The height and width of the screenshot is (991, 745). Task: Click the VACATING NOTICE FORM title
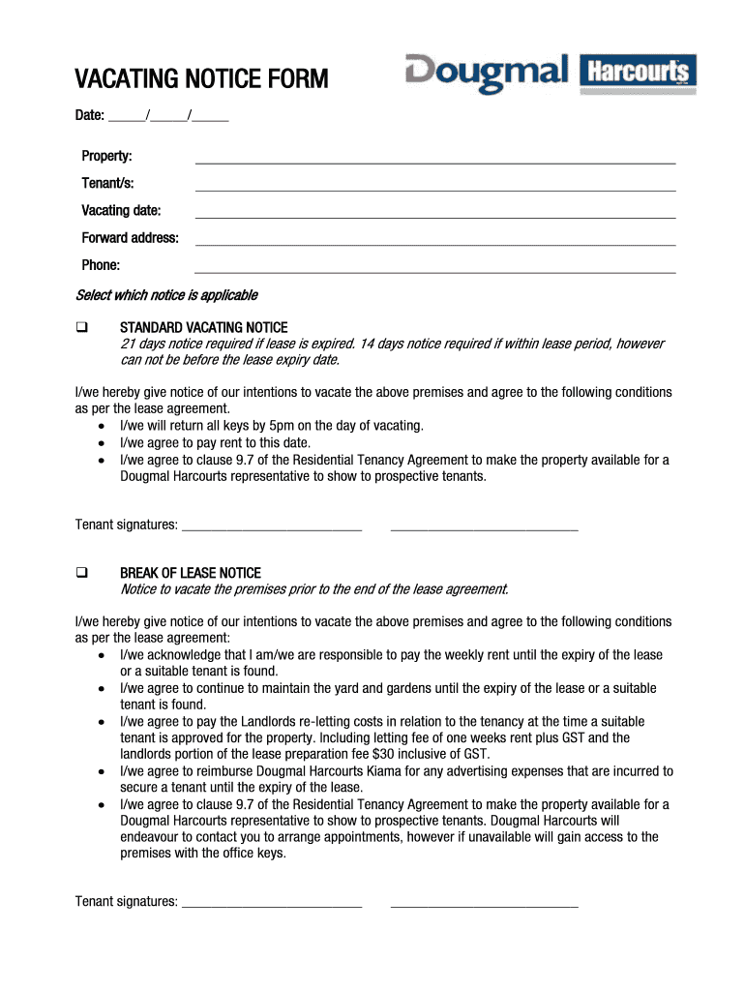click(201, 78)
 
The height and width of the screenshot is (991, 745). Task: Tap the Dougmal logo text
click(487, 75)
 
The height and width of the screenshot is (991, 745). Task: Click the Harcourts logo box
click(638, 73)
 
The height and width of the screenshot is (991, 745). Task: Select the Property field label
click(106, 156)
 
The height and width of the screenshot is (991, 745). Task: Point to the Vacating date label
click(121, 210)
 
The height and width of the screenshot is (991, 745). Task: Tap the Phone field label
click(101, 264)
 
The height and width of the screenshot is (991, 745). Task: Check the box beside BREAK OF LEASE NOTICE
click(82, 573)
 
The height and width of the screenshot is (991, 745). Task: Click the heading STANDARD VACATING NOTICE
click(203, 328)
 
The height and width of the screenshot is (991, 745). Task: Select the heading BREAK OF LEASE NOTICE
click(190, 573)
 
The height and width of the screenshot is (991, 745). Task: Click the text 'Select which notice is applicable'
click(166, 294)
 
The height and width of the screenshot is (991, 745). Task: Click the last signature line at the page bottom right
click(484, 906)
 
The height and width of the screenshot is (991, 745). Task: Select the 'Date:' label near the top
click(90, 116)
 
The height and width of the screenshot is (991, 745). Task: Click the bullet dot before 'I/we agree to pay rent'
click(103, 443)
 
